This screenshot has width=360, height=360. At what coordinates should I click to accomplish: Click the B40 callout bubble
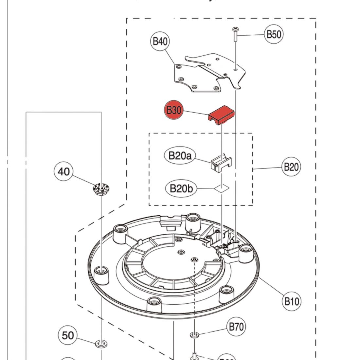(160, 42)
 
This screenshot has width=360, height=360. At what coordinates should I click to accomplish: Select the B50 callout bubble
(274, 34)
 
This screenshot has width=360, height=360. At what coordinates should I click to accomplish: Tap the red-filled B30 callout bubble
(173, 110)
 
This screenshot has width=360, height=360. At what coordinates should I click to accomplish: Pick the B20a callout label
(180, 155)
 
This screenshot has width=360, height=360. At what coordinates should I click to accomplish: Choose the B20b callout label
(181, 189)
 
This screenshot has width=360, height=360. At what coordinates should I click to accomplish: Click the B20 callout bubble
(291, 167)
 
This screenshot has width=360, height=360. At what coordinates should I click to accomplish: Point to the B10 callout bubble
(291, 301)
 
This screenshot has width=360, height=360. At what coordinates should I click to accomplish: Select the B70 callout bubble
(236, 327)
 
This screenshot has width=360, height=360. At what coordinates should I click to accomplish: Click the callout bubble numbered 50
(68, 335)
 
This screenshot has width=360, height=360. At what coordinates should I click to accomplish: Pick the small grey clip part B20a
(221, 164)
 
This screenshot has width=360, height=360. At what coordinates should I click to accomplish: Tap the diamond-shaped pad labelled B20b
(222, 188)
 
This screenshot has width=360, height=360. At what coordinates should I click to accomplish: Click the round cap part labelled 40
(101, 189)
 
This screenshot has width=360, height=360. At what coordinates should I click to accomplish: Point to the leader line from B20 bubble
(267, 168)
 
